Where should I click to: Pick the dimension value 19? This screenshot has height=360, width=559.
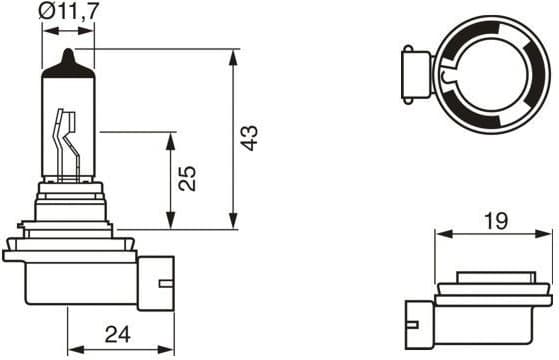coord(494,221)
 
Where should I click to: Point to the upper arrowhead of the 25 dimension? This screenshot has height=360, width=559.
coord(170,136)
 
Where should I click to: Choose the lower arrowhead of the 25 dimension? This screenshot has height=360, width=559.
coord(170,223)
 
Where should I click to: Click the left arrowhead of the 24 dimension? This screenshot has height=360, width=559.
coord(71,346)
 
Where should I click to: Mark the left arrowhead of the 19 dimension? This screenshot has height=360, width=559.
coord(441,235)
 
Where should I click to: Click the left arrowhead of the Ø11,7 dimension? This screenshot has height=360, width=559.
coord(47,29)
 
